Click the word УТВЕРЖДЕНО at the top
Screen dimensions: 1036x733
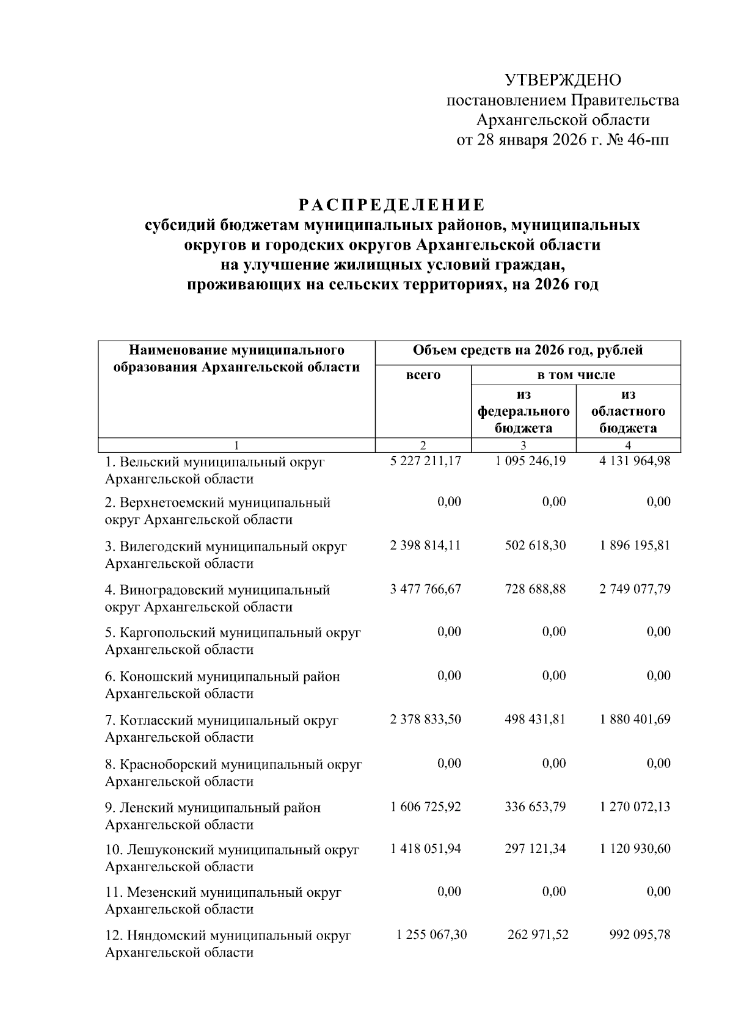click(x=562, y=80)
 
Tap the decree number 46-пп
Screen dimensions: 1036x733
click(x=647, y=140)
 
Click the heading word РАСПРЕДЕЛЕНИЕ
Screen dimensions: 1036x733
click(x=391, y=204)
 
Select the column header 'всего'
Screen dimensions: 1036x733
click(x=423, y=375)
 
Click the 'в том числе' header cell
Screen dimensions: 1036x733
click(x=575, y=375)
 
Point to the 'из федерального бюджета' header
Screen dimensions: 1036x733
click(x=523, y=411)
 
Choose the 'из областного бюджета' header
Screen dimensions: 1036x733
click(x=628, y=411)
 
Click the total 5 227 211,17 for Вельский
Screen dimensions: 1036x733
click(x=426, y=461)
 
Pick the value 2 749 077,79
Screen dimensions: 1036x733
click(x=635, y=589)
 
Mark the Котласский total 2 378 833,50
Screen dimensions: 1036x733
click(x=426, y=719)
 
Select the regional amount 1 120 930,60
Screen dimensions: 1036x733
click(x=635, y=849)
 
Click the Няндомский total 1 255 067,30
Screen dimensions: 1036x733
click(x=431, y=935)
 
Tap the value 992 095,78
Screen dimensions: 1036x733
click(x=640, y=935)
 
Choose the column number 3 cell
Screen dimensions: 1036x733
click(x=523, y=446)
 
